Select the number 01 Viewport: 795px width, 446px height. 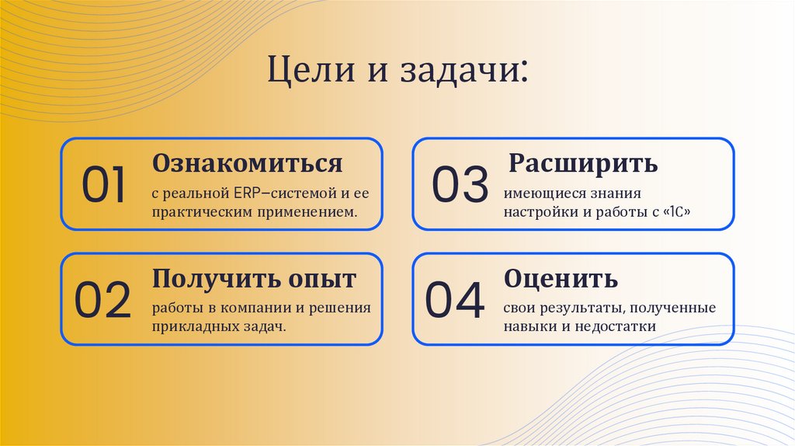(x=104, y=186)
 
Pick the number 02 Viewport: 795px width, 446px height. (x=103, y=301)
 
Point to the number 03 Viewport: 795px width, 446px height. (x=460, y=186)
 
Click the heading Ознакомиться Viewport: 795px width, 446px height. (x=247, y=163)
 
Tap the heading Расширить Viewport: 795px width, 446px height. (x=583, y=163)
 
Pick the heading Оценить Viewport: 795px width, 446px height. (x=561, y=278)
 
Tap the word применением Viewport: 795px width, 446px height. (x=314, y=211)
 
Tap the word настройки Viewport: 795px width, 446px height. (x=538, y=211)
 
